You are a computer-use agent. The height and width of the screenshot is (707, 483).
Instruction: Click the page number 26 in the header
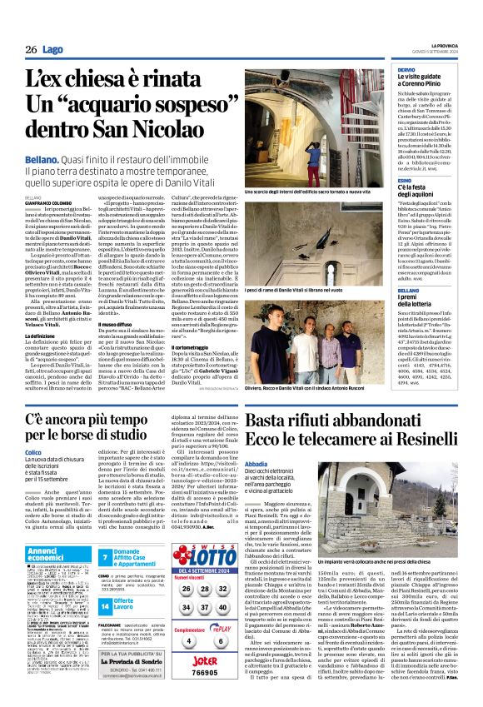tap(31, 50)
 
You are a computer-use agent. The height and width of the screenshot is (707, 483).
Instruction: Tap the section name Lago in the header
tap(52, 50)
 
